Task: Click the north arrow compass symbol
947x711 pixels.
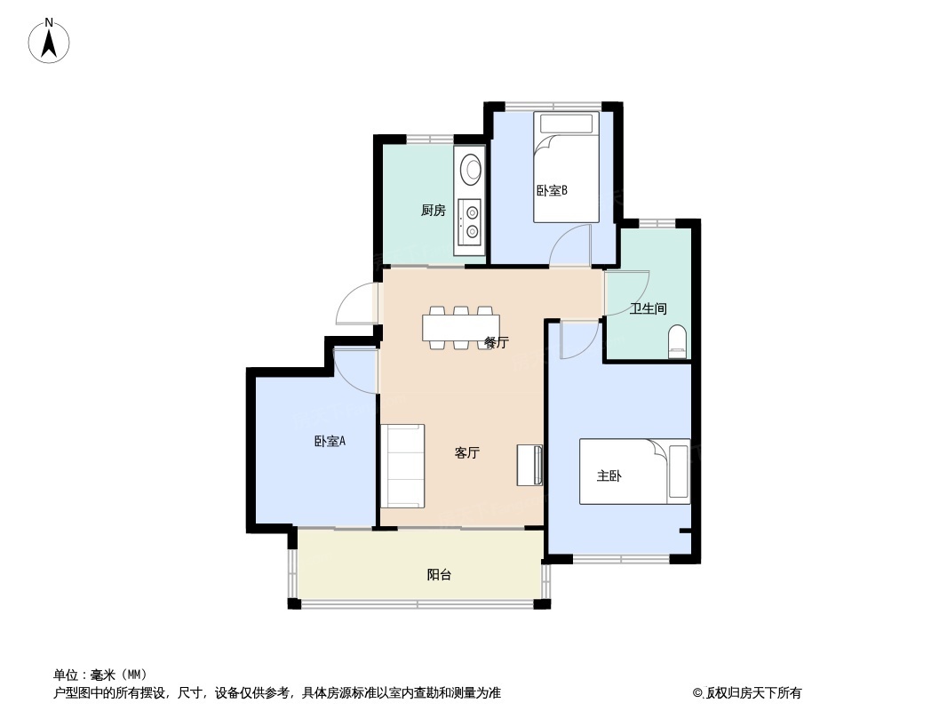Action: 49,41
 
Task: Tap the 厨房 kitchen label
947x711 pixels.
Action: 433,211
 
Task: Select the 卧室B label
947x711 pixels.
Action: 552,191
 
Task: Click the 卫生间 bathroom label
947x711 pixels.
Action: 648,308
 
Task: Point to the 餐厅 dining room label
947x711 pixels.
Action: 497,342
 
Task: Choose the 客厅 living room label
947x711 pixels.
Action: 467,452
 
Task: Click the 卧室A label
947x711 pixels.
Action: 330,441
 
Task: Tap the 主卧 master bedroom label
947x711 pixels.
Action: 609,476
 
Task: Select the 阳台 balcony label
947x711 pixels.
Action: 439,575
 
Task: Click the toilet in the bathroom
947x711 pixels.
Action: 678,341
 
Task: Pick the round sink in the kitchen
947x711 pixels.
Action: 471,168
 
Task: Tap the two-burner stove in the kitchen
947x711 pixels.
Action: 471,221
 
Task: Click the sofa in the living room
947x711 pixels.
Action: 402,466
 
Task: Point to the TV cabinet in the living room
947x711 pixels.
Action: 529,465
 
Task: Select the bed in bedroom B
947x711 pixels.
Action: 566,167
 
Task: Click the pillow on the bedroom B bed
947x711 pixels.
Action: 567,124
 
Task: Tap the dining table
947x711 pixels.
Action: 461,328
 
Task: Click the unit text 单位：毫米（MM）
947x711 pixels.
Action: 100,675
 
